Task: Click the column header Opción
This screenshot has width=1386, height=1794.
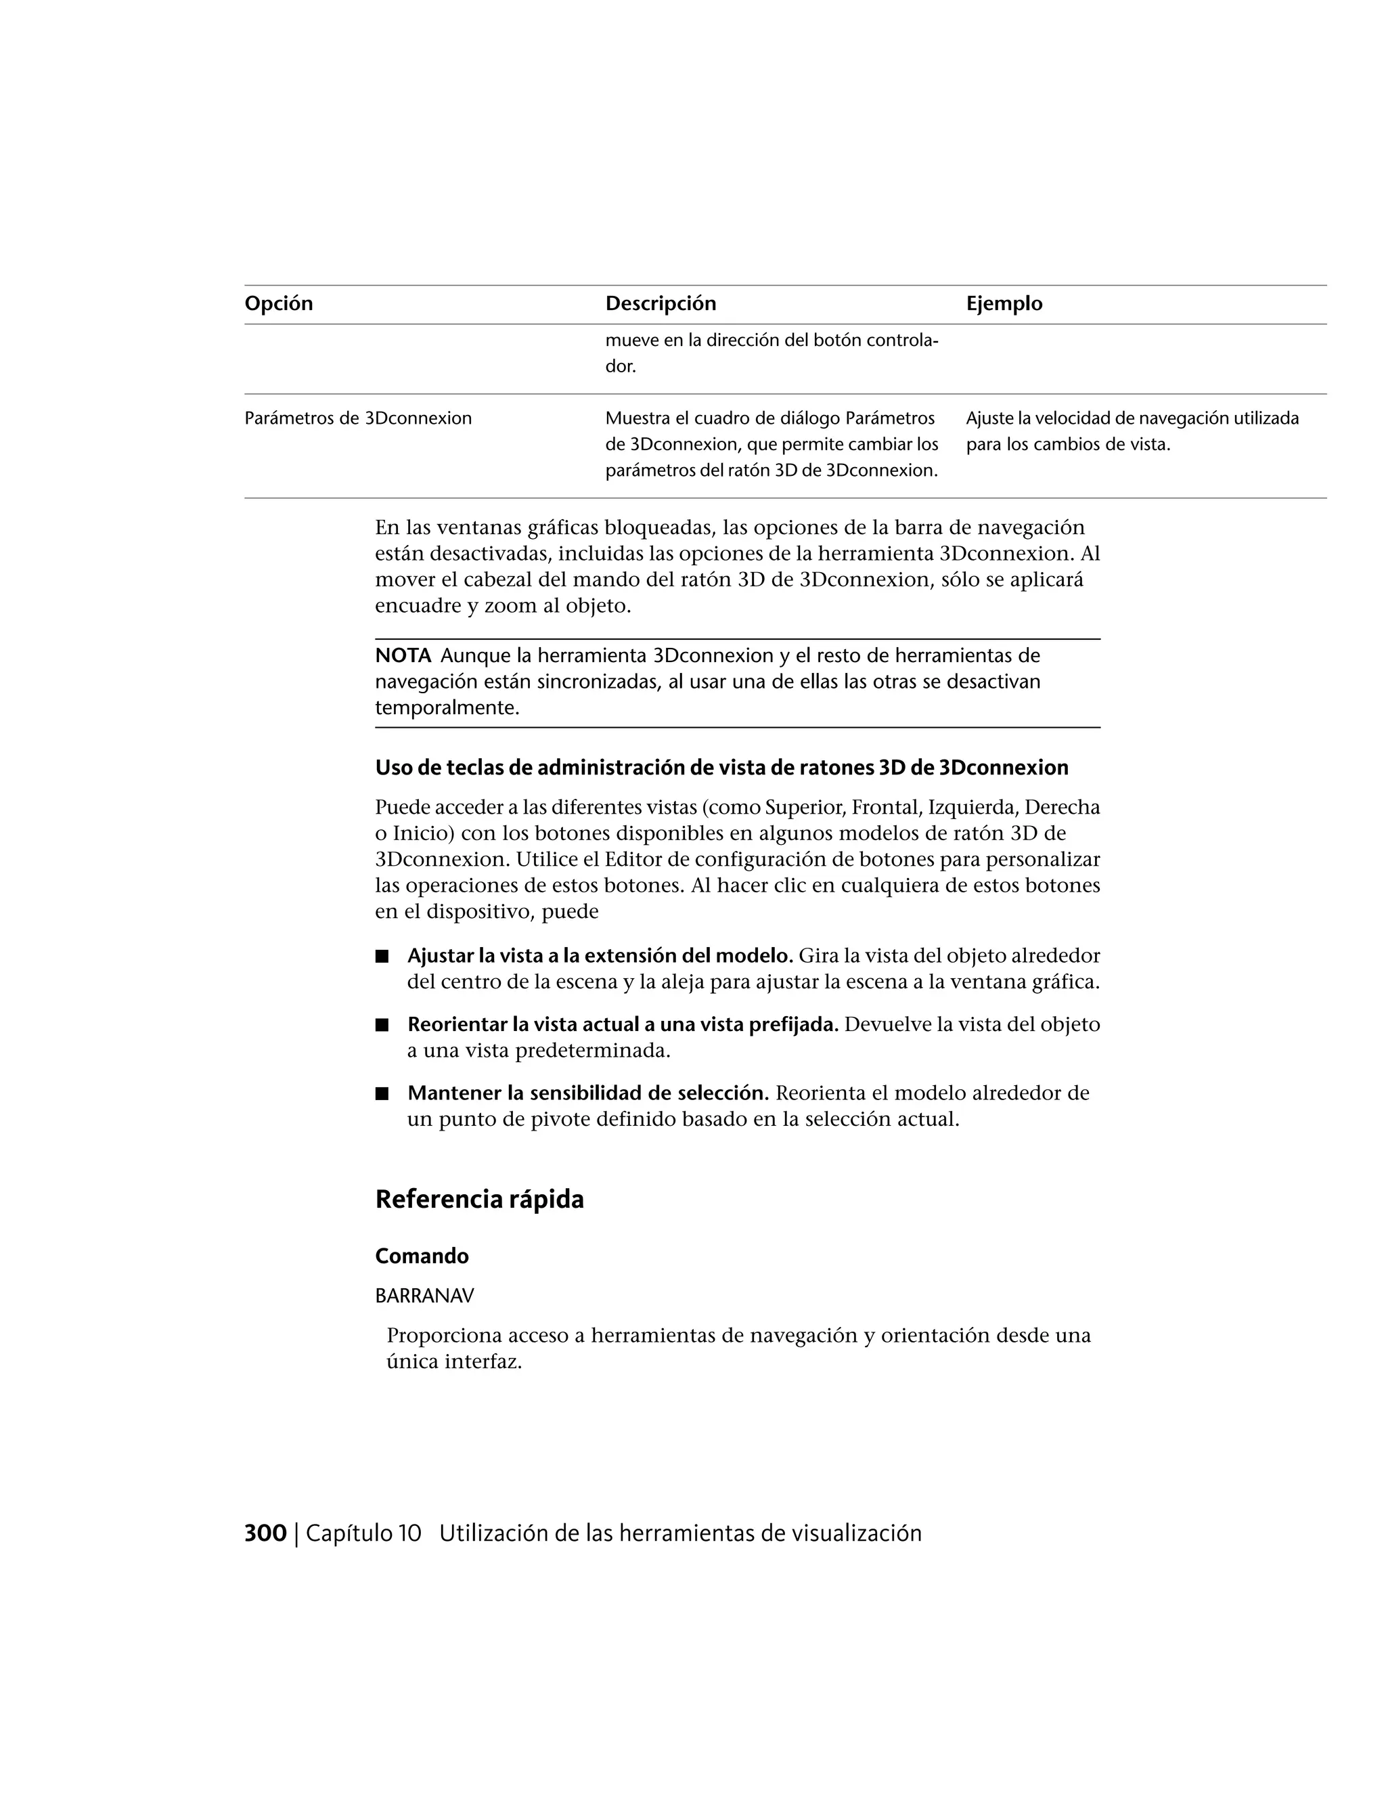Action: click(278, 304)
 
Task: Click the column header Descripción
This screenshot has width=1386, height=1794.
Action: click(660, 304)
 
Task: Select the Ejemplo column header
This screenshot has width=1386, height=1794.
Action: click(1004, 304)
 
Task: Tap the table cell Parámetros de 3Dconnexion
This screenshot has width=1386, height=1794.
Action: click(358, 418)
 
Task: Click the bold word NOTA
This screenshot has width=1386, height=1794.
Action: click(403, 655)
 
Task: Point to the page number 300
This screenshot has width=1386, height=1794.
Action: click(265, 1533)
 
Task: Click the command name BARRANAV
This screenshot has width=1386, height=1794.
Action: click(424, 1296)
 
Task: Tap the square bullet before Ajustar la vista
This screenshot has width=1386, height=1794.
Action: click(381, 956)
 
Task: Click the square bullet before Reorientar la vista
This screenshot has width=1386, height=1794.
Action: click(381, 1025)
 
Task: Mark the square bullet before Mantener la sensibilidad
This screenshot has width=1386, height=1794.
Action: click(381, 1094)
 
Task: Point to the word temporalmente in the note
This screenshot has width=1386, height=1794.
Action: click(447, 708)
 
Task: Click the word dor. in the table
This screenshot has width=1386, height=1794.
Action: click(621, 366)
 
